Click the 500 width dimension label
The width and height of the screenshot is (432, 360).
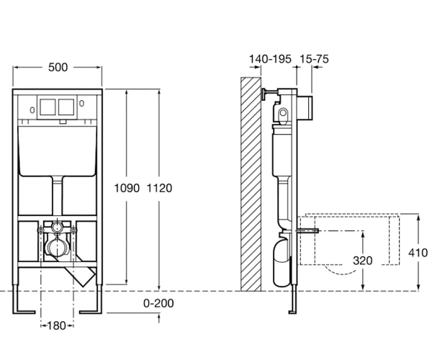tap(58, 68)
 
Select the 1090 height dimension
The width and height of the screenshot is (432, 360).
tap(127, 188)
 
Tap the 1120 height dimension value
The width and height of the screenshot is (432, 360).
tap(160, 188)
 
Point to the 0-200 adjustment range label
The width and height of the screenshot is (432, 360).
tap(158, 303)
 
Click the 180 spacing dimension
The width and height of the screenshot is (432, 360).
tap(56, 326)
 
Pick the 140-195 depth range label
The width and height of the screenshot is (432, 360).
tap(270, 59)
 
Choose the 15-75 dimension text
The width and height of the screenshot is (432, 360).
tap(314, 59)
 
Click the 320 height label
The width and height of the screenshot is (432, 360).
tap(363, 261)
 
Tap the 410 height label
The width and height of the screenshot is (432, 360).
tap(418, 253)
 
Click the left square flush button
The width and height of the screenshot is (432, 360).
tap(48, 107)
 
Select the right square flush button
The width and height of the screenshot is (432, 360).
tap(66, 107)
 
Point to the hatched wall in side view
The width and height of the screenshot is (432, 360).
tap(251, 184)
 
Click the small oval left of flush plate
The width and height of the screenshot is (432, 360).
tap(32, 110)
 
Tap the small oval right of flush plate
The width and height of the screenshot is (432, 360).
tap(81, 103)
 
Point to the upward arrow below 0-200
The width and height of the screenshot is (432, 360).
tap(159, 319)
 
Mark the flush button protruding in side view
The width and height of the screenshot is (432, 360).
tap(305, 108)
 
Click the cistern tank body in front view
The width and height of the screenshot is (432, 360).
tap(58, 151)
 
